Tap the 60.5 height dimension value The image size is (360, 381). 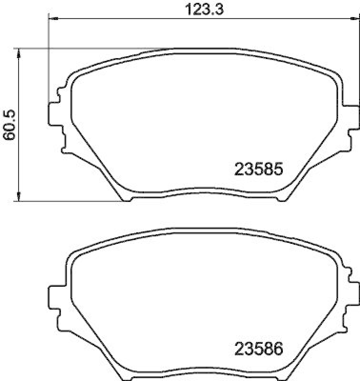tap(9, 125)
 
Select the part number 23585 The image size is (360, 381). tap(259, 169)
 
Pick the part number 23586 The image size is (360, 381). tap(259, 349)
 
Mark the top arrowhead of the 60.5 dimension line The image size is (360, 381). tap(19, 52)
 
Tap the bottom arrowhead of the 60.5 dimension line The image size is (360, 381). tap(19, 197)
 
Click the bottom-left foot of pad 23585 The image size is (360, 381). tap(126, 198)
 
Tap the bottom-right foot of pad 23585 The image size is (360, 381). tap(280, 198)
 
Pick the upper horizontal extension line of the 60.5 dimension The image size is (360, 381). tap(95, 48)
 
